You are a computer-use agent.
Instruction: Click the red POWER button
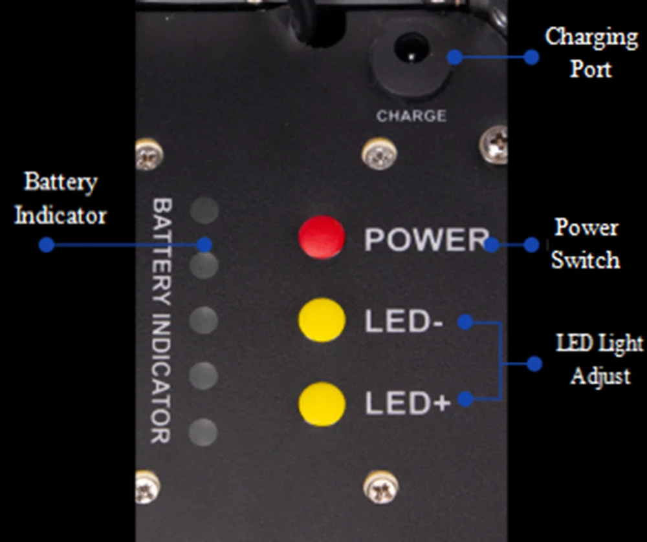pyautogui.click(x=322, y=237)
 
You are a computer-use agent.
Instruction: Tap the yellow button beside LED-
pyautogui.click(x=322, y=320)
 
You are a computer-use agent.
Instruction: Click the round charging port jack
pyautogui.click(x=408, y=51)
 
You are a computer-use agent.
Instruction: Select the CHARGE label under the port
pyautogui.click(x=411, y=116)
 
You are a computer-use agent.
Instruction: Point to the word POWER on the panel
pyautogui.click(x=424, y=240)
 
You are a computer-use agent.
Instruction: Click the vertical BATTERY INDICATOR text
pyautogui.click(x=161, y=320)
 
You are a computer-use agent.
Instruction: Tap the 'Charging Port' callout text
pyautogui.click(x=591, y=52)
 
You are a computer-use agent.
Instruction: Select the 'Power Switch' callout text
pyautogui.click(x=585, y=244)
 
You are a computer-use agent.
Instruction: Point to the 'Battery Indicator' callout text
pyautogui.click(x=60, y=198)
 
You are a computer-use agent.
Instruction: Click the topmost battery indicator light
pyautogui.click(x=205, y=211)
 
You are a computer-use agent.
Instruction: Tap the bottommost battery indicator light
pyautogui.click(x=205, y=432)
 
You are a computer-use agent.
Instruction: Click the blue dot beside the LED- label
pyautogui.click(x=465, y=321)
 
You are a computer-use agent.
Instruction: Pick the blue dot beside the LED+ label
pyautogui.click(x=465, y=400)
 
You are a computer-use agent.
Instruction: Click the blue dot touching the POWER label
pyautogui.click(x=492, y=245)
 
